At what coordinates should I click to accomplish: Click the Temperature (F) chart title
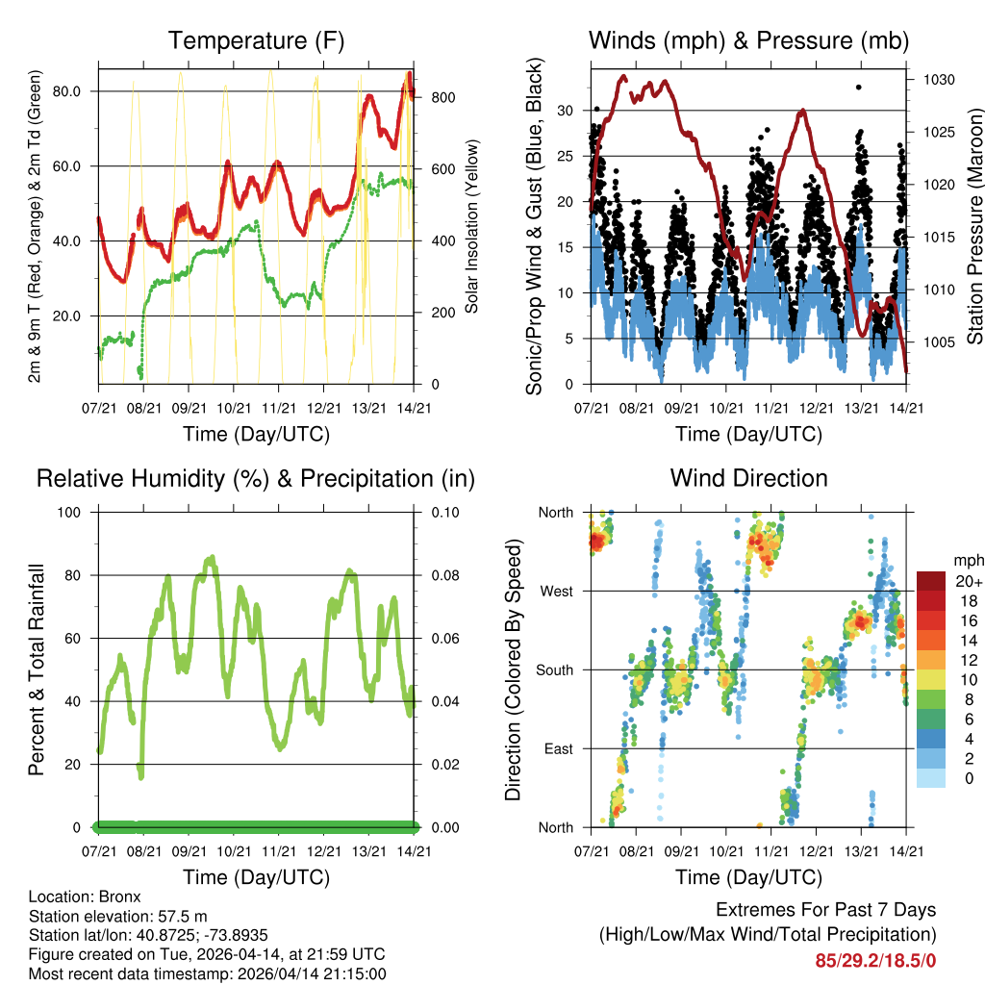click(x=256, y=40)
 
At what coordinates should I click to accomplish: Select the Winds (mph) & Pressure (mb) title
click(x=748, y=40)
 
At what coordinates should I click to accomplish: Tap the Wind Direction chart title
click(x=748, y=478)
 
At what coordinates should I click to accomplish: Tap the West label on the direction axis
click(x=556, y=592)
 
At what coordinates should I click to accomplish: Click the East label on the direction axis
click(x=558, y=749)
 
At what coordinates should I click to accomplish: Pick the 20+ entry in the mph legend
click(x=966, y=582)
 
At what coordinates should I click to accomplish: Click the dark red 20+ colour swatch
click(x=932, y=580)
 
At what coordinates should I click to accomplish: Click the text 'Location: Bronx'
click(x=85, y=897)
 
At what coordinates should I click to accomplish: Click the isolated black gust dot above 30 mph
click(x=859, y=88)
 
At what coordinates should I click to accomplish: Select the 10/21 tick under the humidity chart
click(x=236, y=851)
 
